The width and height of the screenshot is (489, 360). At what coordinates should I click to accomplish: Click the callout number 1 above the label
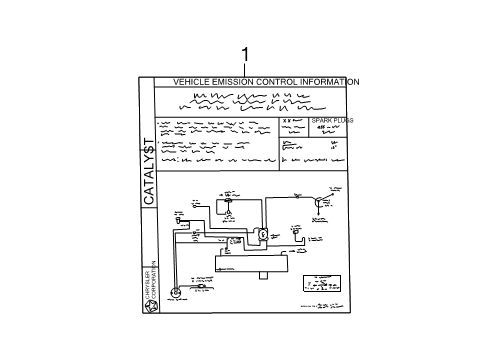(x=245, y=53)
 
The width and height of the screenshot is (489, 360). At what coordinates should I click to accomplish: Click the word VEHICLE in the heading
(x=190, y=81)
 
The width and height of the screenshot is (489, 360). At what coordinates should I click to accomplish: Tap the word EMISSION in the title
(x=232, y=81)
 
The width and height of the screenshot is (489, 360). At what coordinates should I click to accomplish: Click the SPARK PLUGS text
(x=331, y=120)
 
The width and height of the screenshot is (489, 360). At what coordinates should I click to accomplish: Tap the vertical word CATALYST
(x=148, y=171)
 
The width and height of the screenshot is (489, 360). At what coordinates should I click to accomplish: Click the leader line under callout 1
(x=245, y=68)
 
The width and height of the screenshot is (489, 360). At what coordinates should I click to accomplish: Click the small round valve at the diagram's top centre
(x=228, y=202)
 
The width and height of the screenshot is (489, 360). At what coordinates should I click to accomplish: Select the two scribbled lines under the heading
(x=246, y=101)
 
